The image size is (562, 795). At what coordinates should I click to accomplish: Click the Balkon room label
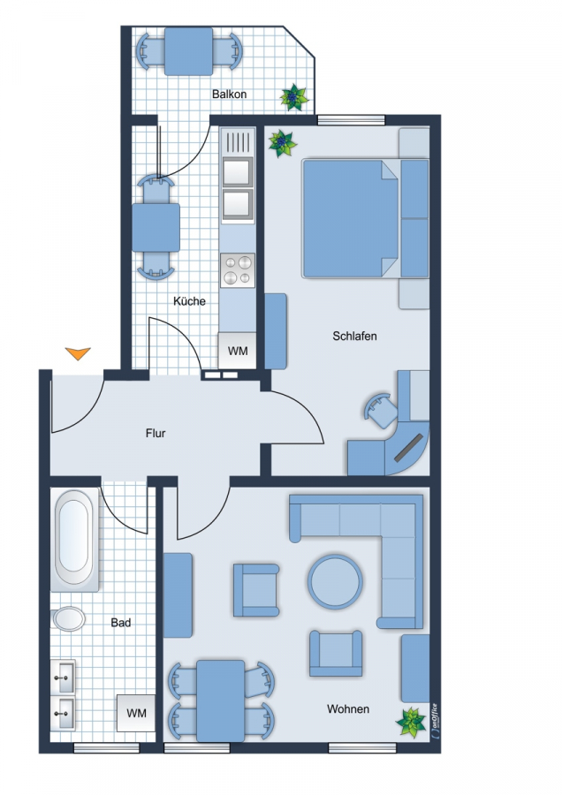tap(229, 95)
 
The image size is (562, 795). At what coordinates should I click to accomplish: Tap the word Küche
tap(189, 301)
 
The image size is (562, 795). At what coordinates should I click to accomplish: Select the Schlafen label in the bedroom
tap(354, 336)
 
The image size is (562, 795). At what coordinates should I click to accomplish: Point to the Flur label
tap(156, 433)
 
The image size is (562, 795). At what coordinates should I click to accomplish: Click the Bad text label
tap(121, 622)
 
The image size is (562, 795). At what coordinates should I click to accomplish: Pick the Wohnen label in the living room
tap(348, 708)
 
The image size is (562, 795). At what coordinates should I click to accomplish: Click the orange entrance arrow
tap(78, 353)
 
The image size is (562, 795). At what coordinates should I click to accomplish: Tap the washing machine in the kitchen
tap(237, 351)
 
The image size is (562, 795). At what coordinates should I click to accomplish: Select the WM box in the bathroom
tap(136, 713)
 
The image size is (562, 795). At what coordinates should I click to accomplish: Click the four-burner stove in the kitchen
tap(238, 270)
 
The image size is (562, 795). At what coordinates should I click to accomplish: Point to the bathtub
tap(74, 540)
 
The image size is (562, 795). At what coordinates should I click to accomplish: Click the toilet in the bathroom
tap(68, 618)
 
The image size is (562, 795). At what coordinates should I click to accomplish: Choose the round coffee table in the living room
tap(335, 581)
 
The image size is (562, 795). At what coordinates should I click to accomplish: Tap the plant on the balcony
tap(293, 97)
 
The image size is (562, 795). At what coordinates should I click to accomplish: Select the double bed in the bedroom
tap(365, 218)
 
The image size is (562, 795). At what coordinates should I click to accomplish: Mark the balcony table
tap(189, 51)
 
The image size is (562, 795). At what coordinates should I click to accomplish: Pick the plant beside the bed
tap(282, 144)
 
